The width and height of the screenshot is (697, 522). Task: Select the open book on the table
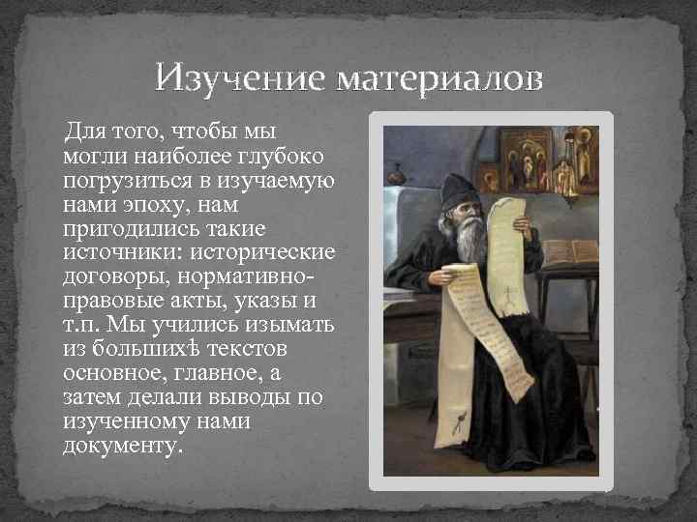(x=571, y=252)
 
